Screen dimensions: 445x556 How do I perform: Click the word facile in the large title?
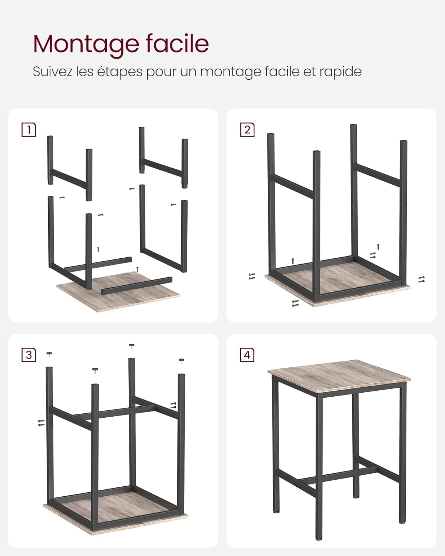coord(177,43)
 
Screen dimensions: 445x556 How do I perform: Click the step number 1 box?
coord(29,130)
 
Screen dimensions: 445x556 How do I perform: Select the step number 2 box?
coord(247,130)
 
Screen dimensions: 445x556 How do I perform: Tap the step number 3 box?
coord(29,355)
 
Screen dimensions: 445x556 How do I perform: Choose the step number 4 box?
coord(247,355)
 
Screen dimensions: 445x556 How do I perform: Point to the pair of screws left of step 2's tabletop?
coord(252,276)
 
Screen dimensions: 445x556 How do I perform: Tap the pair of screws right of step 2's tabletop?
coord(422,279)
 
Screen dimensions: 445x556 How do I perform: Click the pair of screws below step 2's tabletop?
coord(295,303)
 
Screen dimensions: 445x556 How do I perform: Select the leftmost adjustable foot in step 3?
coord(49,354)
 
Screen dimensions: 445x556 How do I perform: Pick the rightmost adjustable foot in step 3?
coord(181,361)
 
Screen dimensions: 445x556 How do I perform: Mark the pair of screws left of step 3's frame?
coord(42,423)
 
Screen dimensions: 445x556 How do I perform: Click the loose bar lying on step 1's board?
coord(137,286)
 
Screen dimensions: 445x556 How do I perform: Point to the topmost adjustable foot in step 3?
coord(132,346)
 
